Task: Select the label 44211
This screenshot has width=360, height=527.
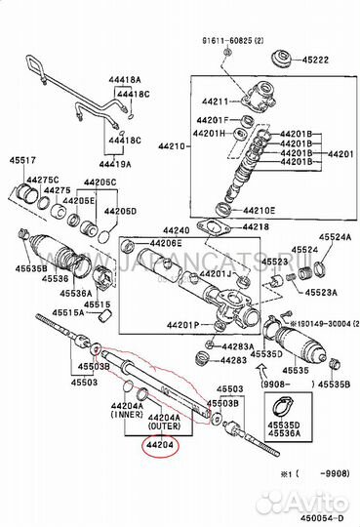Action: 216,101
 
